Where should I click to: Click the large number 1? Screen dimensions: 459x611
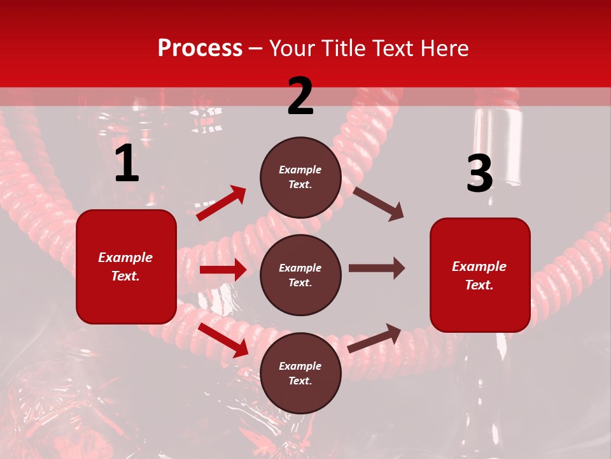[x=127, y=164]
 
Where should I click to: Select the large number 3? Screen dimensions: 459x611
[x=479, y=173]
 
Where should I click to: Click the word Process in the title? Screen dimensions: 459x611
[x=200, y=48]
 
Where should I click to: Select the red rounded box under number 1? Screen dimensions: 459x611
[x=126, y=266]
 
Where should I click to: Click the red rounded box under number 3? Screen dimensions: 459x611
[x=480, y=275]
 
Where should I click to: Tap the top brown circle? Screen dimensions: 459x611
[x=300, y=177]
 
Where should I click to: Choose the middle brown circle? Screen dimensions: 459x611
[x=300, y=275]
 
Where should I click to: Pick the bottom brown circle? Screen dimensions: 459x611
[x=300, y=373]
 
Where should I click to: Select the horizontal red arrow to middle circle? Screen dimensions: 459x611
[x=223, y=270]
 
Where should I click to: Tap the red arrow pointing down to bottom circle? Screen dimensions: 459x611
[x=223, y=339]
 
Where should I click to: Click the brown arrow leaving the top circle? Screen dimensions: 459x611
[x=379, y=203]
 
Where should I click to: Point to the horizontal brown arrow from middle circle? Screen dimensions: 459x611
[x=377, y=268]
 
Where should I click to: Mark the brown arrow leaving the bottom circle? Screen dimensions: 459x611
[x=375, y=338]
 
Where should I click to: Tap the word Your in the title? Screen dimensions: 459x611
[x=291, y=48]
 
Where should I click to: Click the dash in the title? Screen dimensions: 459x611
[x=256, y=48]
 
